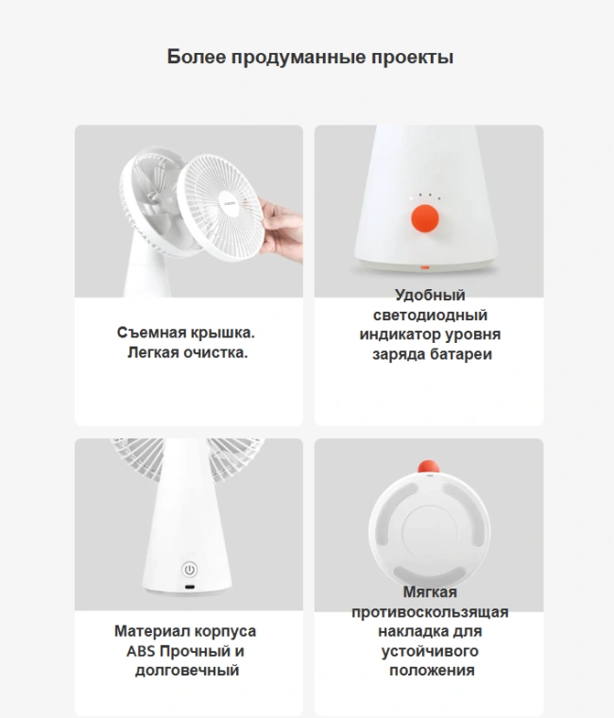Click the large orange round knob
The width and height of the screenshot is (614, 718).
pyautogui.click(x=425, y=218)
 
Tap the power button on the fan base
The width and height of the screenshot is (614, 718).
pyautogui.click(x=189, y=570)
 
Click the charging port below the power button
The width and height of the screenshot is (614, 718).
pyautogui.click(x=189, y=587)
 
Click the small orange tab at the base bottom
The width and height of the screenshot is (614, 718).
pyautogui.click(x=425, y=267)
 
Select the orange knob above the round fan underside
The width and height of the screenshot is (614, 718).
pyautogui.click(x=429, y=467)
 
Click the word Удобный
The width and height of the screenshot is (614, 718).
pyautogui.click(x=430, y=296)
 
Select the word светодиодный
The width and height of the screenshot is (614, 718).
pyautogui.click(x=430, y=315)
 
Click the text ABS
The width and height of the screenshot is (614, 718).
pyautogui.click(x=141, y=651)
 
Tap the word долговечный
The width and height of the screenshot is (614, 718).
pyautogui.click(x=187, y=671)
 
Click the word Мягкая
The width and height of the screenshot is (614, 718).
pyautogui.click(x=430, y=592)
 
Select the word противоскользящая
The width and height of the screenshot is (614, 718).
pyautogui.click(x=430, y=612)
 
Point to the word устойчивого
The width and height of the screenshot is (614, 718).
pyautogui.click(x=430, y=651)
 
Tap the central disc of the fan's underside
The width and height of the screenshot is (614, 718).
pyautogui.click(x=429, y=532)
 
